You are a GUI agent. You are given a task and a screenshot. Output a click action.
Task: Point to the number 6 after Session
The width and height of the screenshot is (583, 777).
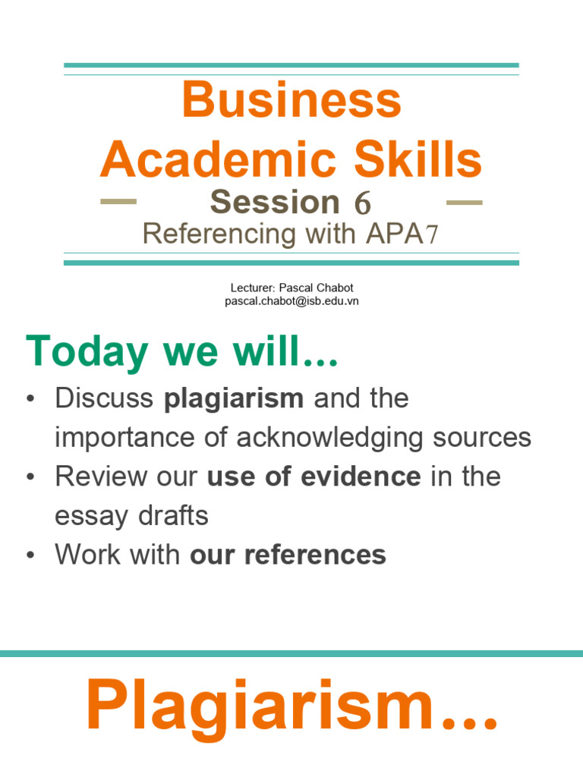pos(361,203)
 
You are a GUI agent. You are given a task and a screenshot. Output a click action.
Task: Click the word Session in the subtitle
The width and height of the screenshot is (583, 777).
pos(275,203)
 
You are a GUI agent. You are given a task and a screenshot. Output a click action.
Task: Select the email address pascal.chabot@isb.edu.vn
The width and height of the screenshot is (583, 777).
pos(291,301)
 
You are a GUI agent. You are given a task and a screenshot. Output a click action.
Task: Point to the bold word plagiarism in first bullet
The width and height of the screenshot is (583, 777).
pos(234,398)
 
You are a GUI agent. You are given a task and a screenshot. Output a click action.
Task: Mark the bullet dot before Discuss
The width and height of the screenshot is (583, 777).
pos(30,399)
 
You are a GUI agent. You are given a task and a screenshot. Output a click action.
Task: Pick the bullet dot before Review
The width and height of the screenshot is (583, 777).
pos(30,477)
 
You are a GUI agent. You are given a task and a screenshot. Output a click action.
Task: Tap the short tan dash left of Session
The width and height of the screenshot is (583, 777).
pos(118,203)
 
